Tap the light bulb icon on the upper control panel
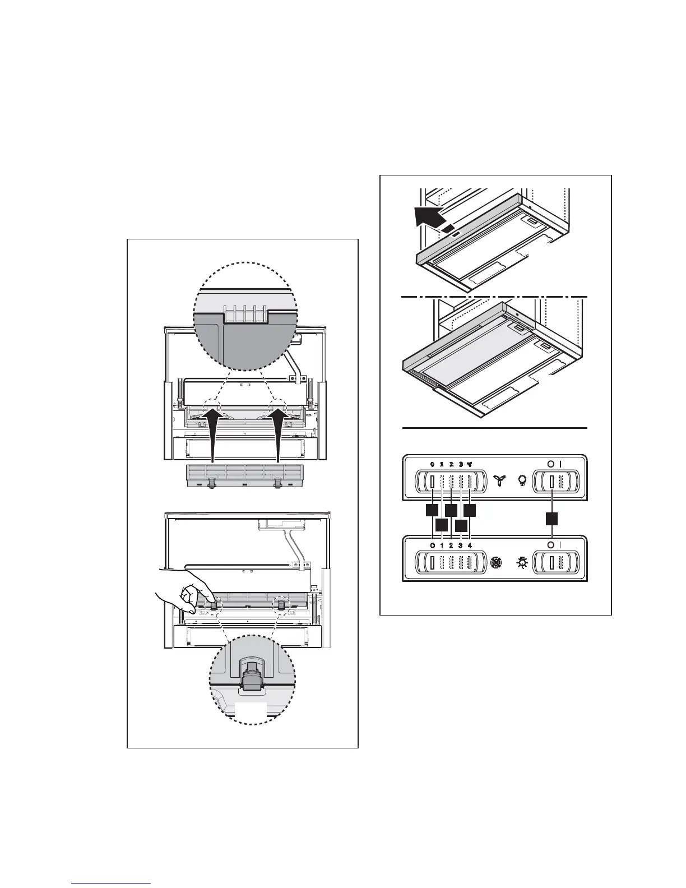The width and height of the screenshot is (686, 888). [522, 480]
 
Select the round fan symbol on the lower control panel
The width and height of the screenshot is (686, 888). [495, 562]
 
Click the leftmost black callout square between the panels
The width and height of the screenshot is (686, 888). [432, 510]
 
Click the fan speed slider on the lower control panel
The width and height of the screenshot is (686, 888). [448, 562]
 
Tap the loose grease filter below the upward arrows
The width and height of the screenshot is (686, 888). [247, 476]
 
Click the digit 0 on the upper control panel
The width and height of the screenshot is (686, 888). [432, 464]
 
